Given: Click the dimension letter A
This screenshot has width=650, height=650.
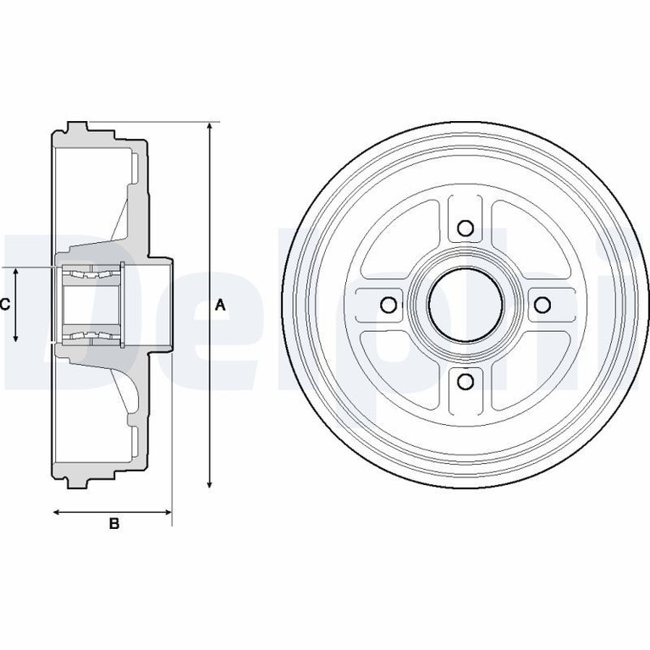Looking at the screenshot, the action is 221,306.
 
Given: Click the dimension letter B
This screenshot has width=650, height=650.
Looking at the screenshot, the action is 114,524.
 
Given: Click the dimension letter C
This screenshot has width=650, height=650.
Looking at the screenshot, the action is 4,305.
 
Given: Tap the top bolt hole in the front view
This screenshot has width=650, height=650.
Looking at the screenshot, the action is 465,228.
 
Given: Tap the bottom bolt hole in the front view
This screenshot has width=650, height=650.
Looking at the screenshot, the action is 466,382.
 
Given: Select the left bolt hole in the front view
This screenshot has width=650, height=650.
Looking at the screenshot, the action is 388,305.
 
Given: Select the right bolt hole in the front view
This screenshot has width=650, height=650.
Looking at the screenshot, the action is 543,305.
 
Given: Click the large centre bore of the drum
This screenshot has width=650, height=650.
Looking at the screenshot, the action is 465,305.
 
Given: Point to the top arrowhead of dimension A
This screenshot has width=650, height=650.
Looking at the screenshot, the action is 210,127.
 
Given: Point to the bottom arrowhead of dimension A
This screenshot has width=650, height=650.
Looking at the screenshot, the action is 210,483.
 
